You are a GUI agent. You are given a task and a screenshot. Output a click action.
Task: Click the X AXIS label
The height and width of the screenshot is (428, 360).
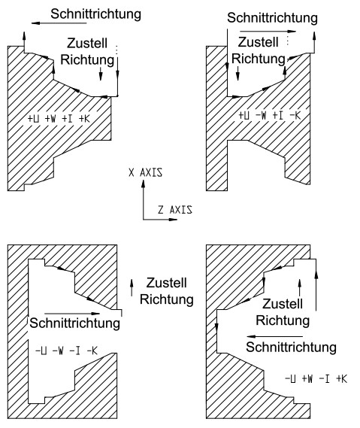146,172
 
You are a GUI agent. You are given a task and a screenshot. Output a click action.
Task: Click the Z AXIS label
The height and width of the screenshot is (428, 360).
175,210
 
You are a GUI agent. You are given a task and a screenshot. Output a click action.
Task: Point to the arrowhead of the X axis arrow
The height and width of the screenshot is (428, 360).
144,183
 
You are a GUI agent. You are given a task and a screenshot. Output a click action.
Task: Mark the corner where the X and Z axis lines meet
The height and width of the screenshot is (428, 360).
144,219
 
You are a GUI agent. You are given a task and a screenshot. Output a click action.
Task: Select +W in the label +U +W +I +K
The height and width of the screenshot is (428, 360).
50,119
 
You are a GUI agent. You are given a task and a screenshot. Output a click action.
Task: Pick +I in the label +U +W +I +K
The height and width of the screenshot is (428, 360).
67,119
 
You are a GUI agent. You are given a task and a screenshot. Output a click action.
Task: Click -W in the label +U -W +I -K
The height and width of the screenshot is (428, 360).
261,115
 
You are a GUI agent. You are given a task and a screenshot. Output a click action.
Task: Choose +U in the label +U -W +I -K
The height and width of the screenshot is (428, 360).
244,115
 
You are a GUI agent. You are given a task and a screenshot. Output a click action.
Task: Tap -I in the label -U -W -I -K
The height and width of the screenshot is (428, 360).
74,351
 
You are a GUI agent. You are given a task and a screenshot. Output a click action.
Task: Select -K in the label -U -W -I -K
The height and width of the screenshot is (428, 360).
92,351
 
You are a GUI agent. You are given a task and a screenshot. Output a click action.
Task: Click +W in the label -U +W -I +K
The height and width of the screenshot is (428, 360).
307,379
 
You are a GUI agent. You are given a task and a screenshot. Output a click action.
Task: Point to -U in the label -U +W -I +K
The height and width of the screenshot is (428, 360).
290,379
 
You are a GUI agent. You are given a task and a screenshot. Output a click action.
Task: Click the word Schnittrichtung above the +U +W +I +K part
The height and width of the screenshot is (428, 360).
95,14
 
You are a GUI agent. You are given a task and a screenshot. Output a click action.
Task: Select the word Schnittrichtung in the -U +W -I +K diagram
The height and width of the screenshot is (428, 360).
292,348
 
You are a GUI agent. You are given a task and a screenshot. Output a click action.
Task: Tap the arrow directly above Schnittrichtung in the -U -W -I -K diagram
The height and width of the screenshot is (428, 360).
72,314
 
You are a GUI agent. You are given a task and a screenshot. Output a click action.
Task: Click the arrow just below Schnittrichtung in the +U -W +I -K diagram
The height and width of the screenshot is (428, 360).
268,32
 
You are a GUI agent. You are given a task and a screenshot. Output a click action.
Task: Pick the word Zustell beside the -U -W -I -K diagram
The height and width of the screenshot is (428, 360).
167,283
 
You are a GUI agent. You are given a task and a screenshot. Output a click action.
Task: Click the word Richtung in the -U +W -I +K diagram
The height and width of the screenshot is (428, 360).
283,320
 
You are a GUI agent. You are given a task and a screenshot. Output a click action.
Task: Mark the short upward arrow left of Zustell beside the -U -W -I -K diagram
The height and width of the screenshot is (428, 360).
132,287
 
